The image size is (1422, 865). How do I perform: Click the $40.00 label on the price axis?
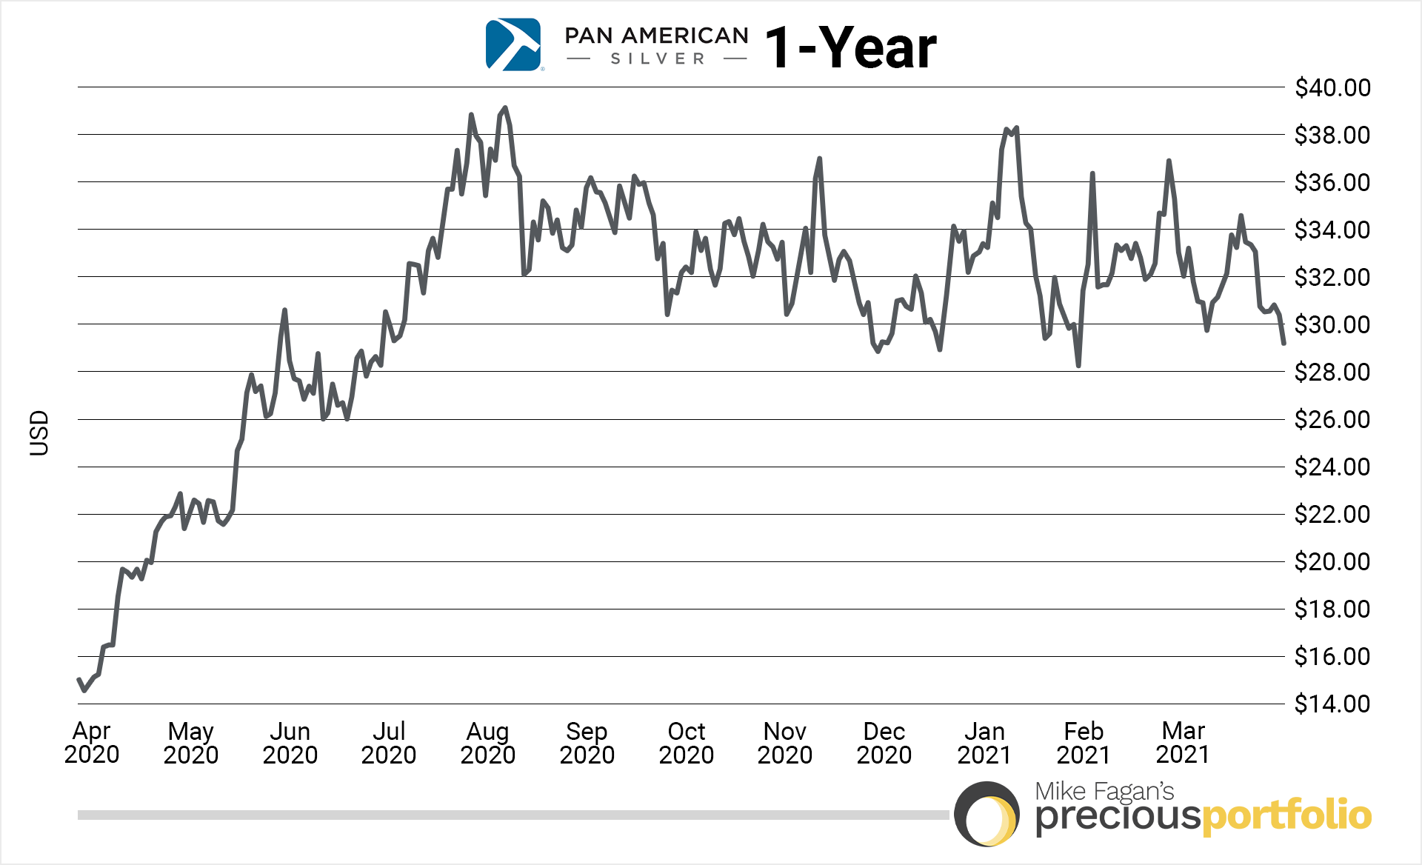(1332, 87)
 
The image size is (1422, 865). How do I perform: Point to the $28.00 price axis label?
(1332, 372)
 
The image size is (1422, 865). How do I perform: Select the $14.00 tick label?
(1332, 704)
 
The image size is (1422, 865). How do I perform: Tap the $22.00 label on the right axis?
(1332, 514)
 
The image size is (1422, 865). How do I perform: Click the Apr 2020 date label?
(92, 743)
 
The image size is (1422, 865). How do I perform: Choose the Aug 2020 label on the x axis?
(487, 743)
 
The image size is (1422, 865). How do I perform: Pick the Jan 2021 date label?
(984, 743)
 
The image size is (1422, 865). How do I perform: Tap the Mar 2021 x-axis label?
(1183, 743)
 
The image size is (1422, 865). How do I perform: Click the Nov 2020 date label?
(784, 743)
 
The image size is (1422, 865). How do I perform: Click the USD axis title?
(39, 433)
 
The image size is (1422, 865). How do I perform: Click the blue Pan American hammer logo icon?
(513, 45)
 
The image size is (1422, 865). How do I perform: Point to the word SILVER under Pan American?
(658, 59)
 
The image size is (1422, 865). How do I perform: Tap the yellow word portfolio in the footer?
(1286, 815)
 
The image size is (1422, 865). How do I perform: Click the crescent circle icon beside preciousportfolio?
(986, 813)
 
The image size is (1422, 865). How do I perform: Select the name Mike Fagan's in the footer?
(1104, 791)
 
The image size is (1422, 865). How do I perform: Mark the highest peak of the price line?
(505, 108)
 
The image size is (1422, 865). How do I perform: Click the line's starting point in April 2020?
(79, 679)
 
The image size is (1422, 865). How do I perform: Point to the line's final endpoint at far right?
(1284, 343)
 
